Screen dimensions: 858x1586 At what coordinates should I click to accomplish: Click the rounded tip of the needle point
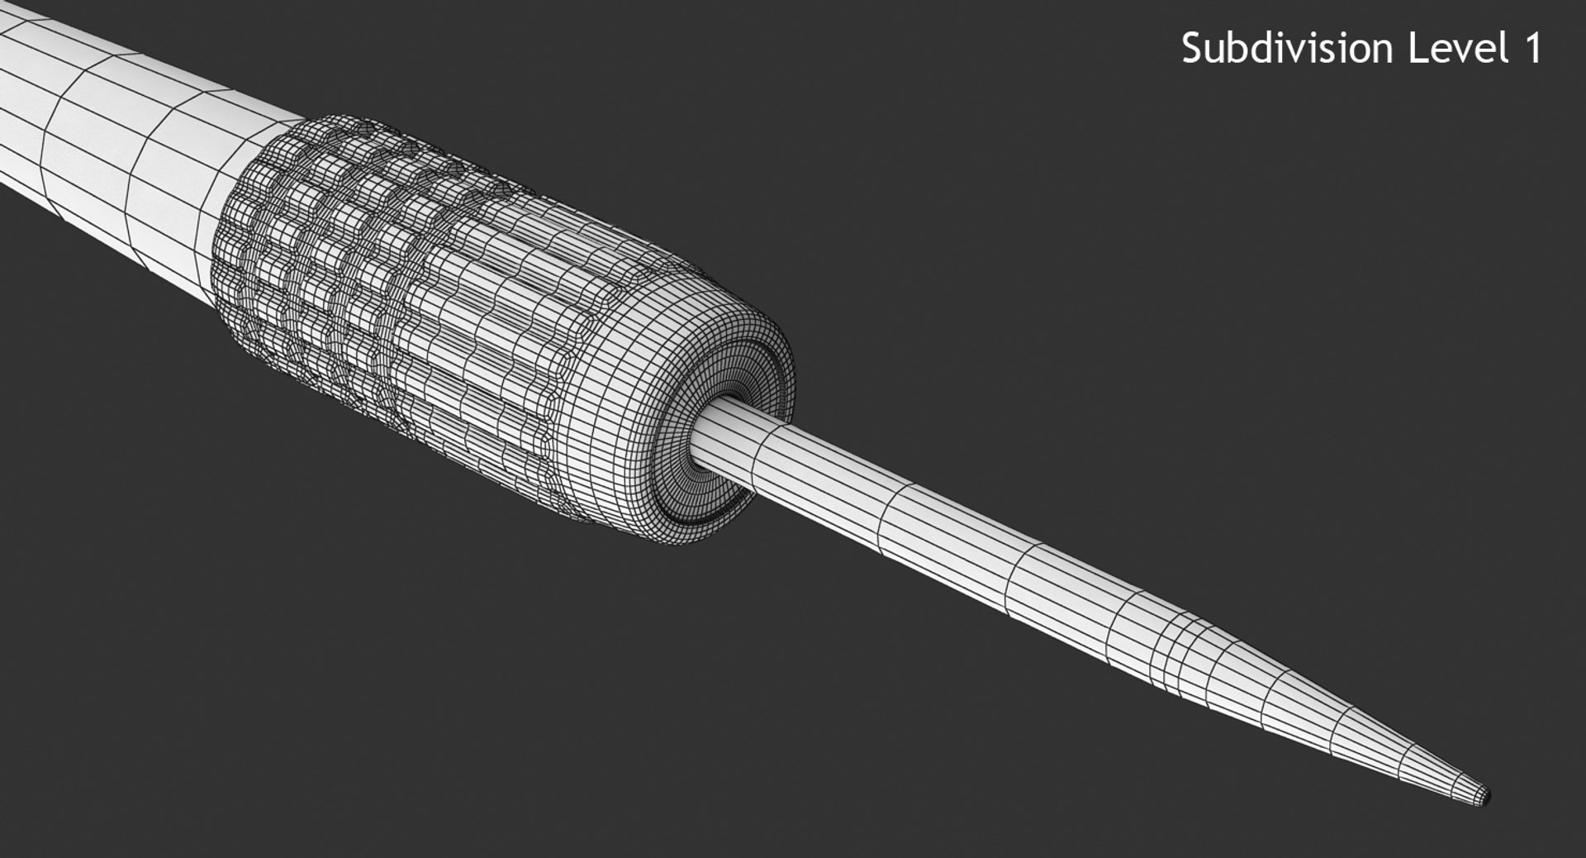click(x=1484, y=796)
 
